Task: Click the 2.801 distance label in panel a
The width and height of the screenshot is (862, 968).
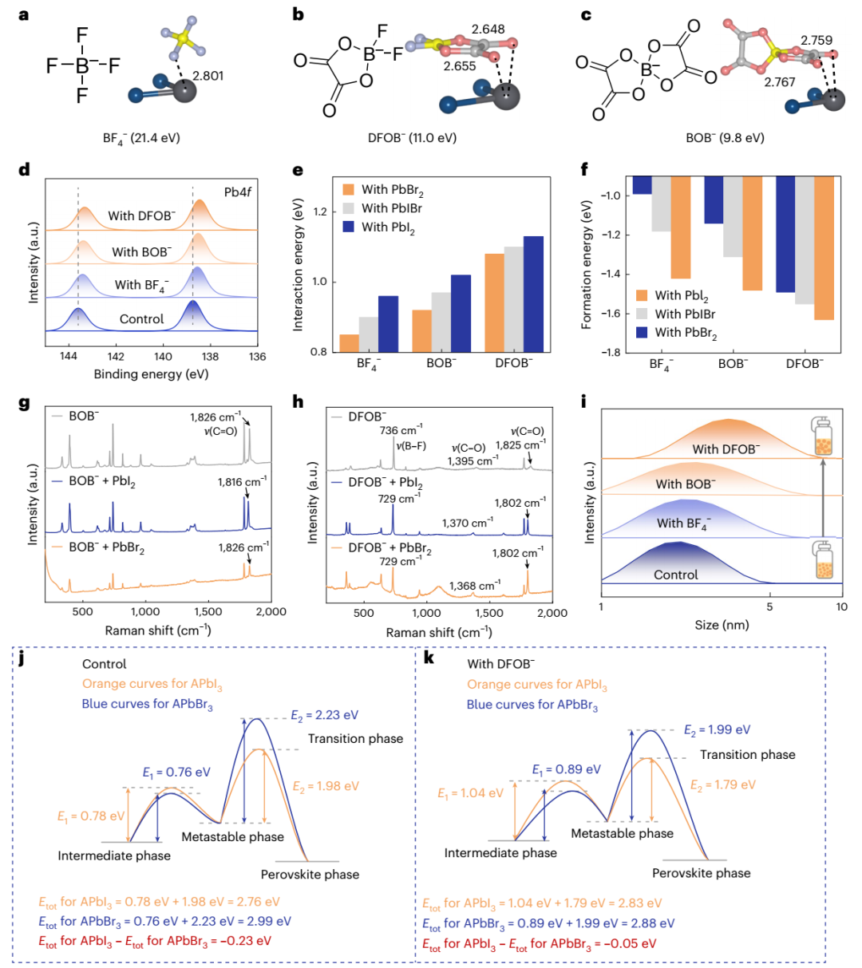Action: (208, 77)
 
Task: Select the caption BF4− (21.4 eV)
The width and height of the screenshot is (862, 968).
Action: (147, 138)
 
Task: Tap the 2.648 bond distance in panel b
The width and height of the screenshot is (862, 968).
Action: (488, 30)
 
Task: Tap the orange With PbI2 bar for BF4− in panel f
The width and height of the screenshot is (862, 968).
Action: (681, 227)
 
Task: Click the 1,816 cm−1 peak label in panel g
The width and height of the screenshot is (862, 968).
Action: (242, 482)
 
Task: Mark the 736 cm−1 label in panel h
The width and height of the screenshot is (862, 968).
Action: (402, 431)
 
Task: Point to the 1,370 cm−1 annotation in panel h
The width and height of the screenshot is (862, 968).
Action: (468, 524)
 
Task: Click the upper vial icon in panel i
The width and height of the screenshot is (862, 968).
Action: (823, 438)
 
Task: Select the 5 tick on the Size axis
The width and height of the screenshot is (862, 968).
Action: (769, 606)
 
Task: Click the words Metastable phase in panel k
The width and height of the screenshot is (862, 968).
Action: (622, 833)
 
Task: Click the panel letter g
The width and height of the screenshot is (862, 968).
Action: (23, 403)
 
